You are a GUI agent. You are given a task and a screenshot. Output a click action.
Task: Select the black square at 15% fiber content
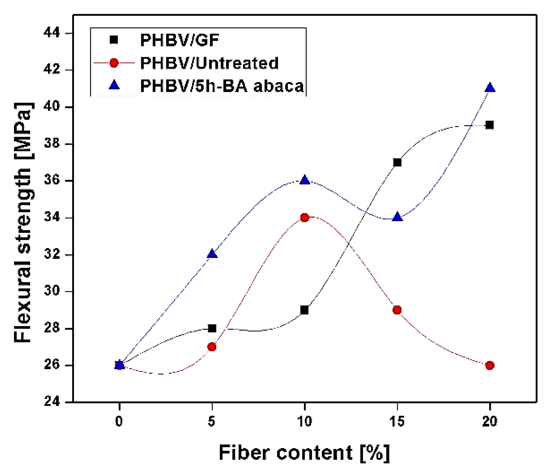click(x=397, y=162)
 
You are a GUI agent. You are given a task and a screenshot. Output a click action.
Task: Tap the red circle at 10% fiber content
click(x=305, y=218)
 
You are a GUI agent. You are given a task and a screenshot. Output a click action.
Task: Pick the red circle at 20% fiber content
click(x=490, y=366)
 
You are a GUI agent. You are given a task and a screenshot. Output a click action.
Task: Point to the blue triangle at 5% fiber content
click(x=212, y=254)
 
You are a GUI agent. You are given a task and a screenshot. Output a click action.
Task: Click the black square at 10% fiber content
click(x=304, y=310)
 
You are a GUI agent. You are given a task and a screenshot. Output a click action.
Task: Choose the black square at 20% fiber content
click(x=490, y=125)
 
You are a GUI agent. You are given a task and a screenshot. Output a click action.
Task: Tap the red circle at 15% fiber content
click(x=397, y=310)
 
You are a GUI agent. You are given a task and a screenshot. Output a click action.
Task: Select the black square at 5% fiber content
click(x=212, y=329)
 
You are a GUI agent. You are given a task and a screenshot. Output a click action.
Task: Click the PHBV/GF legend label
click(x=179, y=40)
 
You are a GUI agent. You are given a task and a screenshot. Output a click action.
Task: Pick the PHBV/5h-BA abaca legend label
click(x=222, y=86)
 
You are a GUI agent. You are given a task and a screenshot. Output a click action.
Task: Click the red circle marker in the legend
click(x=114, y=63)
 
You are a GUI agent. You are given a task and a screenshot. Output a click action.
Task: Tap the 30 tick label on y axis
click(x=52, y=292)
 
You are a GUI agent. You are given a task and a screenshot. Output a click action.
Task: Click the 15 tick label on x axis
click(x=397, y=421)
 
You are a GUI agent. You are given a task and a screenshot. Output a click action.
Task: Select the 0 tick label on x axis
click(x=119, y=421)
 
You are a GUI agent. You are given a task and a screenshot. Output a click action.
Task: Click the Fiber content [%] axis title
click(x=304, y=453)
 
